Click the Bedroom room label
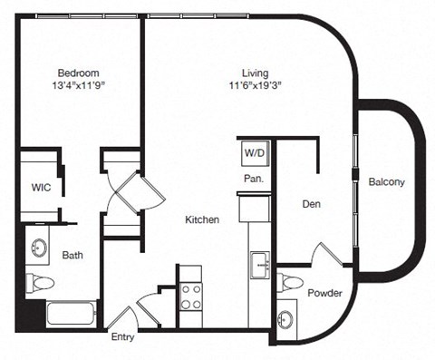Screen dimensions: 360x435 point(78,73)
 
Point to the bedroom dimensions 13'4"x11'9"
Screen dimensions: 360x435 point(78,88)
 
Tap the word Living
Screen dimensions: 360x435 point(255,73)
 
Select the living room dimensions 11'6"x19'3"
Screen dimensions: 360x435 point(255,88)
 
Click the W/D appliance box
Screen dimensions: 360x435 point(254,153)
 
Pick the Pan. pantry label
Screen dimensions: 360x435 point(253,179)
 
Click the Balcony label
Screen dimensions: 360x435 point(387,182)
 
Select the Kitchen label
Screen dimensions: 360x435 point(201,220)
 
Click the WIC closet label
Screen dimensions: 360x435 point(40,189)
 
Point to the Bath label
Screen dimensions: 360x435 point(72,256)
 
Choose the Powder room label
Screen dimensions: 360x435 point(324,293)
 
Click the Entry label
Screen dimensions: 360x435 point(123,337)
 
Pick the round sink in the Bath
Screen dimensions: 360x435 point(40,247)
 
